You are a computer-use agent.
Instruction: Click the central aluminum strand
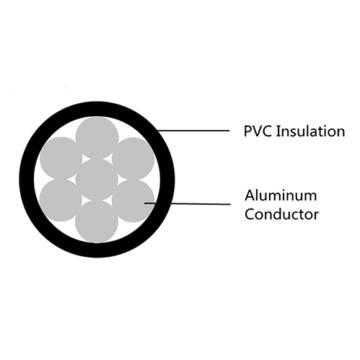coord(97,180)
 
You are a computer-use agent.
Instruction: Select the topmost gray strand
coord(97,138)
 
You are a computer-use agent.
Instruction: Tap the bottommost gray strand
coord(97,221)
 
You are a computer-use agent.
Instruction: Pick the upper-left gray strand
coord(61,158)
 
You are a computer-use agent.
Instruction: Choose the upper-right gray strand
coord(133,159)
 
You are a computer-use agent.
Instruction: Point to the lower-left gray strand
coord(61,201)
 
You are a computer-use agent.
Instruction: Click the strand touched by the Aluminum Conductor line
coord(133,201)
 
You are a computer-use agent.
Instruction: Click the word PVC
coord(258,131)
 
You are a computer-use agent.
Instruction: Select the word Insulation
coord(310,131)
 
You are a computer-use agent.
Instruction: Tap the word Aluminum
coord(281,196)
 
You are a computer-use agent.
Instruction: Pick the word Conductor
coord(282,214)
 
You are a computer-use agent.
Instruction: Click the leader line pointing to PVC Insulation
coord(193,131)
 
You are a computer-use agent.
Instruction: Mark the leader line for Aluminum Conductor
coord(188,204)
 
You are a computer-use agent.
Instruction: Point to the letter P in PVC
coord(247,131)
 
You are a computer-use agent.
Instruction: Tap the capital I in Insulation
coord(278,131)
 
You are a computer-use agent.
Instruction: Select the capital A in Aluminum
coord(250,196)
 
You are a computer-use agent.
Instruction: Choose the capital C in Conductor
coord(250,214)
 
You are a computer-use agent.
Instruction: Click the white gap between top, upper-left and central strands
coord(85,159)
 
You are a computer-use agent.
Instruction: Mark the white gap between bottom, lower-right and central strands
coord(108,200)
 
